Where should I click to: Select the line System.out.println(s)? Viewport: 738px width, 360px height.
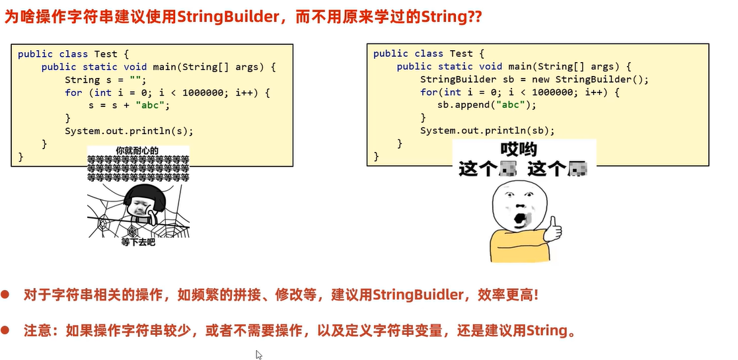coord(120,130)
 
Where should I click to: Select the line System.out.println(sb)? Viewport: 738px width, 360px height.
coord(487,130)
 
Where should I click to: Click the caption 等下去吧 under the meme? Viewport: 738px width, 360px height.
coord(138,242)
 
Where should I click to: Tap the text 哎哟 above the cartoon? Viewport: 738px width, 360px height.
coord(519,149)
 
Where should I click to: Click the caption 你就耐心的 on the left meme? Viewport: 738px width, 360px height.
coord(137,151)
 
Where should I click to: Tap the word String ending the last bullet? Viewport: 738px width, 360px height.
coord(547,330)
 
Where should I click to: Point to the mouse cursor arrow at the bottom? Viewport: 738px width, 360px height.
coord(259,355)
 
